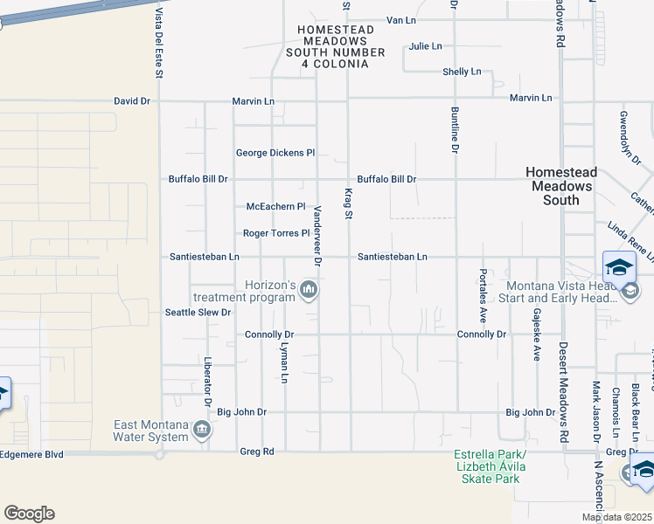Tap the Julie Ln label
coord(424,46)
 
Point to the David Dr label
coord(132,101)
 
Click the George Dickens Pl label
coord(275,154)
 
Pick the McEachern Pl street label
coord(275,207)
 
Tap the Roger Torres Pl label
coord(276,233)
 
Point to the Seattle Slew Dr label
coord(198,313)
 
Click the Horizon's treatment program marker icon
coord(308,289)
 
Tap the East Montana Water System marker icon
coord(202,430)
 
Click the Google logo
coord(29,513)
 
